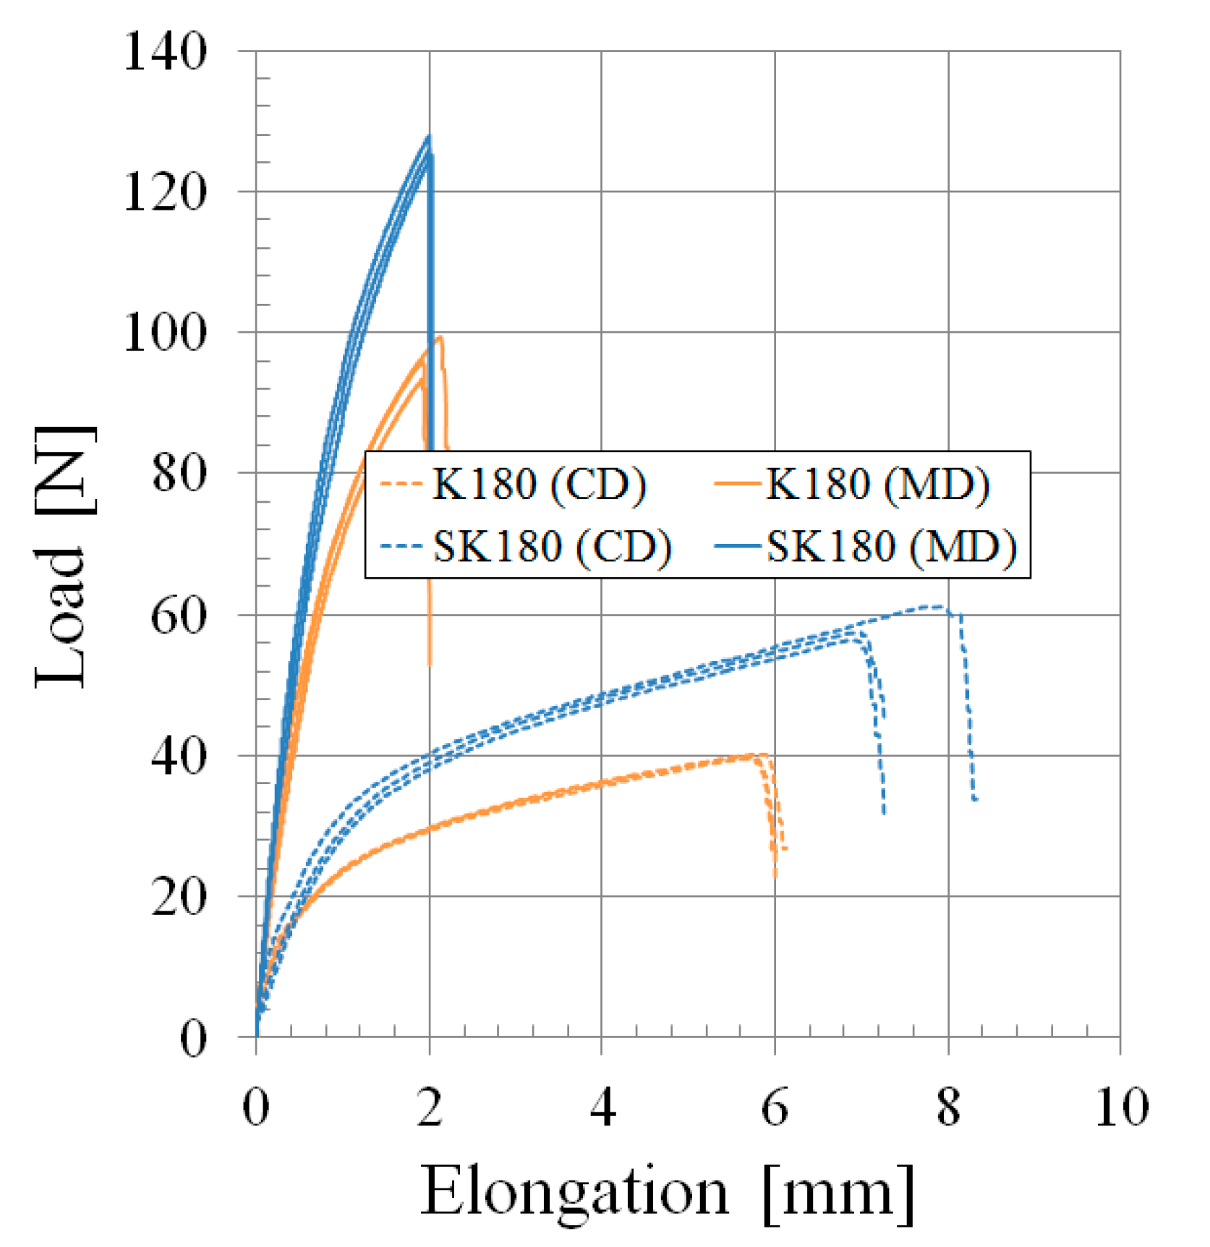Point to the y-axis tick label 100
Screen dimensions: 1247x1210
click(165, 333)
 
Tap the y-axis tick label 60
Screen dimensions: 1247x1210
click(178, 616)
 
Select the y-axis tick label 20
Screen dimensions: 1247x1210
click(178, 897)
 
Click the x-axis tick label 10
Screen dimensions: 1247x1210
click(1120, 1107)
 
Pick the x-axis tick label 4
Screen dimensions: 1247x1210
click(602, 1107)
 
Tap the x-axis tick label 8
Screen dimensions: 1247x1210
click(948, 1107)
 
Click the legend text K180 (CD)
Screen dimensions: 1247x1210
click(539, 484)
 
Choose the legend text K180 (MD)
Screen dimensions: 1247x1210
click(877, 484)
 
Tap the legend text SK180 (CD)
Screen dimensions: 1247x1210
click(552, 546)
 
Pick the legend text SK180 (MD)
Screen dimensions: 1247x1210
click(891, 546)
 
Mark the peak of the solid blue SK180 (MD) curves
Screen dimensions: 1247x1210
click(429, 136)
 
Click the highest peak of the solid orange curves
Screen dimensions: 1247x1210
click(440, 337)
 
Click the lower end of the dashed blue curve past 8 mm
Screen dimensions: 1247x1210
click(976, 799)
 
